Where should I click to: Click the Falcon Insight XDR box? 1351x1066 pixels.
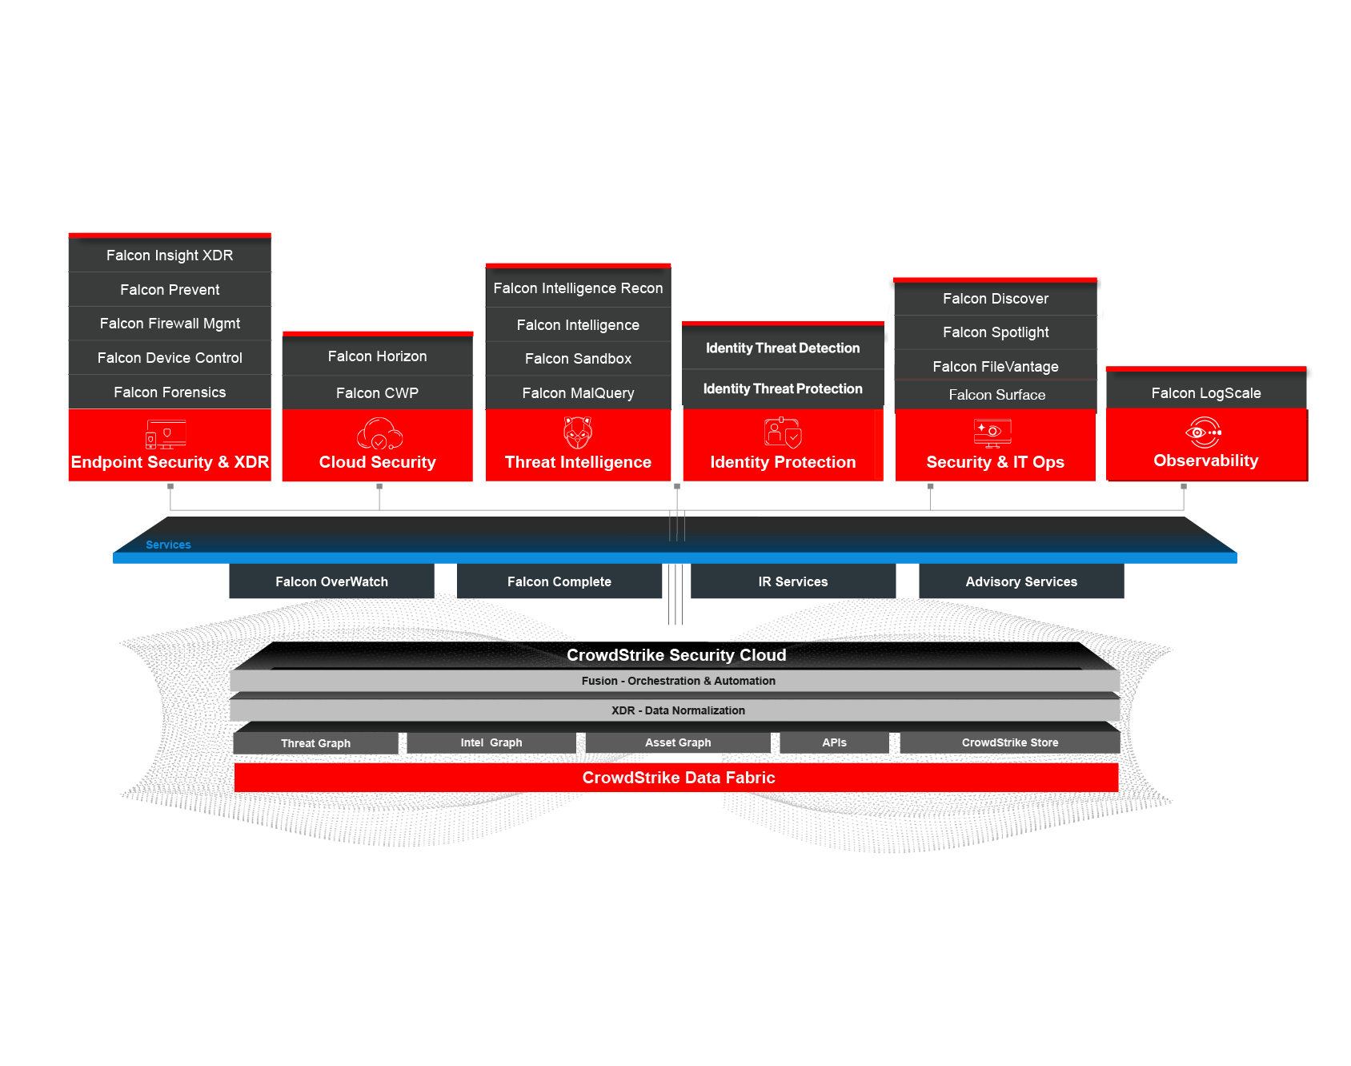click(x=170, y=255)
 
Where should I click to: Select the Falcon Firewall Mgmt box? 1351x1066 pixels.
click(x=170, y=324)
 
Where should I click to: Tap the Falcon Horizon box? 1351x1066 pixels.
click(x=377, y=356)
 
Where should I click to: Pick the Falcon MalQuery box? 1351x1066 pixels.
click(x=578, y=393)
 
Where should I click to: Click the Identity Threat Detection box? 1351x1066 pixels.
click(x=783, y=348)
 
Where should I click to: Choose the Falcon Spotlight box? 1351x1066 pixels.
click(x=995, y=332)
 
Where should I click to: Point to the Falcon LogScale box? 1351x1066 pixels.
click(x=1205, y=393)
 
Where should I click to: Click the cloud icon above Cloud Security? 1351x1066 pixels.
click(x=379, y=433)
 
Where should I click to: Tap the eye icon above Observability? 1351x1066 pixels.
click(x=1203, y=432)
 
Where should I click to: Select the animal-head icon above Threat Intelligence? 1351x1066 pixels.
click(x=578, y=432)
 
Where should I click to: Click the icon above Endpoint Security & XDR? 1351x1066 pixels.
click(x=166, y=434)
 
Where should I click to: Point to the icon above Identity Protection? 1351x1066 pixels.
click(x=782, y=432)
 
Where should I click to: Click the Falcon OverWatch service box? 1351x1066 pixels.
click(x=331, y=582)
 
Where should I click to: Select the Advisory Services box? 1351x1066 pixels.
click(x=1021, y=582)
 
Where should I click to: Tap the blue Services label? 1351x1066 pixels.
click(x=168, y=545)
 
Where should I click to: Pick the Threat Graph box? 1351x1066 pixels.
click(x=315, y=743)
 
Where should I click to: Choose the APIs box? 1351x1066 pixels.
click(x=834, y=742)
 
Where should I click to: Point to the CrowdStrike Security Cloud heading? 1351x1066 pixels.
click(x=676, y=655)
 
